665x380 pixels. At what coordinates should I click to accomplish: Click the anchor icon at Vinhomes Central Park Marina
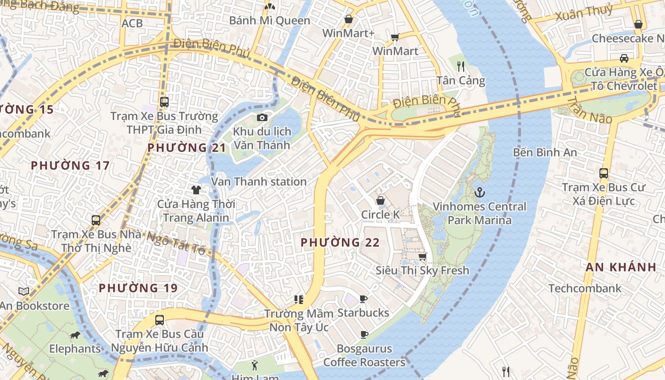tap(480, 192)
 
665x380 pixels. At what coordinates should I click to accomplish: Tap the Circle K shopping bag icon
tap(380, 200)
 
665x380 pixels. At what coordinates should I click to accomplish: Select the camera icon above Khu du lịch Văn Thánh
tap(262, 117)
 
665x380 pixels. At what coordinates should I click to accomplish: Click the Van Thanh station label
tap(259, 181)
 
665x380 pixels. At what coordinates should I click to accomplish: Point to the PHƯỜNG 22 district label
tap(340, 243)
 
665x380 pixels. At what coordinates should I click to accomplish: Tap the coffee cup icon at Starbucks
tap(363, 299)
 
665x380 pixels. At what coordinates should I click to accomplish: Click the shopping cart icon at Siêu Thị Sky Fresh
tap(422, 256)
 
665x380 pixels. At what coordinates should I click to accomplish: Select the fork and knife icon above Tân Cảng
tap(460, 66)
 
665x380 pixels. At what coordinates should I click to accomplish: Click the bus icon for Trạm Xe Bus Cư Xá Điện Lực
tap(604, 173)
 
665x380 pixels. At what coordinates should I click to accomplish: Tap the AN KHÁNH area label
tap(620, 267)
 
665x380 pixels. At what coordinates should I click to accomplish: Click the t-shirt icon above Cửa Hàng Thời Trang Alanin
tap(196, 190)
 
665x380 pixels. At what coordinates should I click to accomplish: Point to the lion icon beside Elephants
tap(75, 335)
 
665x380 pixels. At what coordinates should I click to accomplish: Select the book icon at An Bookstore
tap(24, 291)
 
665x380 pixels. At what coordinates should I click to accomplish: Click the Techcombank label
tap(585, 288)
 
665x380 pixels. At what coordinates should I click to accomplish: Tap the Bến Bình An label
tap(545, 152)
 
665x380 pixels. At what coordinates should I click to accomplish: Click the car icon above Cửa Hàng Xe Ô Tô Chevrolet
tap(624, 58)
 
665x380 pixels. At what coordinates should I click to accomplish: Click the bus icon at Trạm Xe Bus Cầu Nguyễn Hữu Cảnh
tap(160, 320)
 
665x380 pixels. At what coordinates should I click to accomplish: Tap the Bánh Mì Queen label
tap(269, 20)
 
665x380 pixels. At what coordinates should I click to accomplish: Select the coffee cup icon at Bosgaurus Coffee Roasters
tap(364, 334)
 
